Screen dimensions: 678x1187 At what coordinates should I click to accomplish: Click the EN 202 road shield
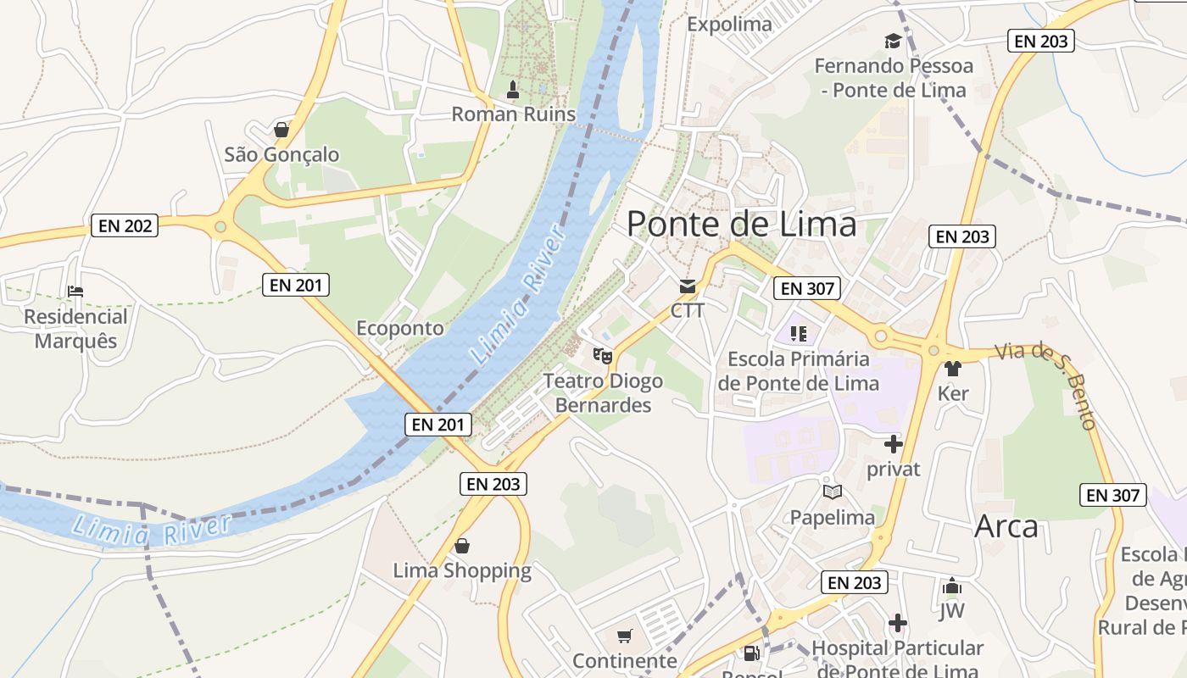pos(125,225)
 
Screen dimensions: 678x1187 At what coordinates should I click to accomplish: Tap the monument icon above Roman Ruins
pos(512,89)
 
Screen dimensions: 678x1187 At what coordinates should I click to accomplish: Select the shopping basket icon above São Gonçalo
pos(281,130)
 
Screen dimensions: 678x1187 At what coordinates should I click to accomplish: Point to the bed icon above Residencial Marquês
pos(75,292)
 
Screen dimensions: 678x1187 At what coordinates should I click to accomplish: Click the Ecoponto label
pos(399,328)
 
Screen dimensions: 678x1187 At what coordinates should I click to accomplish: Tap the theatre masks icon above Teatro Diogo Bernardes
pos(603,355)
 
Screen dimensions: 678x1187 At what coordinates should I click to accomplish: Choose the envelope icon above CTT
pos(687,286)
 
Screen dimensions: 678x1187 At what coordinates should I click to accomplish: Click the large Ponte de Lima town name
pos(742,225)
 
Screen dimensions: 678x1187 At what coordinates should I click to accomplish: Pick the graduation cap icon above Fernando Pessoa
pos(892,41)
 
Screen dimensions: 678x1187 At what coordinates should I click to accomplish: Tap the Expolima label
pos(729,24)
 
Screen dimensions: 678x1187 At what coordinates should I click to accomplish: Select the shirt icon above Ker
pos(952,369)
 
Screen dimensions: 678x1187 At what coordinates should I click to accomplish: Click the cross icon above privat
pos(893,443)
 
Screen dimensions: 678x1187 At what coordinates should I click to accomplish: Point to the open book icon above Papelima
pos(832,492)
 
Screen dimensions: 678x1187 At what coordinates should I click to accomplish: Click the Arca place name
pos(1006,526)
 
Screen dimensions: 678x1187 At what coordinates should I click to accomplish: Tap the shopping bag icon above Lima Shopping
pos(462,546)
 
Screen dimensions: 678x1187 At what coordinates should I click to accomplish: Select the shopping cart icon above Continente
pos(625,636)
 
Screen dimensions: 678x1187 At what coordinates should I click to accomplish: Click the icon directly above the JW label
pos(951,586)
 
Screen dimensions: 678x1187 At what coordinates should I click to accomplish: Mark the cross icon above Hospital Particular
pos(898,624)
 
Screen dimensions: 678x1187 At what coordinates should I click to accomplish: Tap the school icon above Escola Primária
pos(798,333)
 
